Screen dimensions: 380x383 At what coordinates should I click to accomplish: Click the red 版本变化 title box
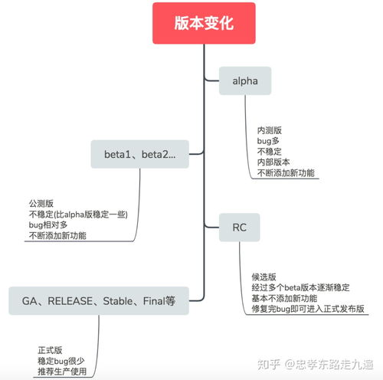(203, 23)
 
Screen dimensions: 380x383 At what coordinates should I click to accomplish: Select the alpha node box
(245, 80)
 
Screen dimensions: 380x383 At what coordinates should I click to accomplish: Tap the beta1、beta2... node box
(140, 154)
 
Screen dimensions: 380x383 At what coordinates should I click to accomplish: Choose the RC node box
(238, 227)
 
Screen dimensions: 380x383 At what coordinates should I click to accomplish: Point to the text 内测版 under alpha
(268, 130)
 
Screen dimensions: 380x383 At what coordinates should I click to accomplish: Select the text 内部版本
(273, 162)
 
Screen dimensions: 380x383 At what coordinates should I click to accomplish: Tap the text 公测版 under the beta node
(41, 204)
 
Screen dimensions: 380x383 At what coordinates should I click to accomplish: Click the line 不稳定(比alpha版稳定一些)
(77, 215)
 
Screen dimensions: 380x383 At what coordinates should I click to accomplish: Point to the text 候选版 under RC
(264, 277)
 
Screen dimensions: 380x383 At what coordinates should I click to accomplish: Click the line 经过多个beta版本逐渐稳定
(300, 287)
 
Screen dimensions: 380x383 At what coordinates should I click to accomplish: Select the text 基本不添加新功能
(284, 298)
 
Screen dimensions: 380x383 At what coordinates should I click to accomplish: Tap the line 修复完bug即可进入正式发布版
(307, 309)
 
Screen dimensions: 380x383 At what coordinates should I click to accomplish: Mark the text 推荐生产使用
(62, 372)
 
